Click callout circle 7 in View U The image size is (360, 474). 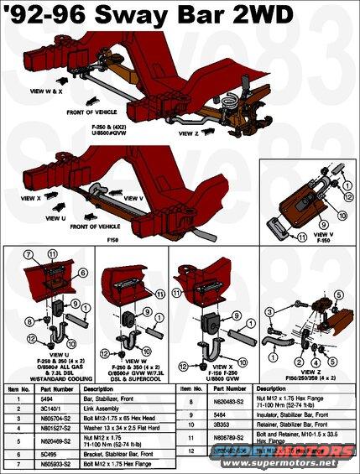27,253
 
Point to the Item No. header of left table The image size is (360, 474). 18,389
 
